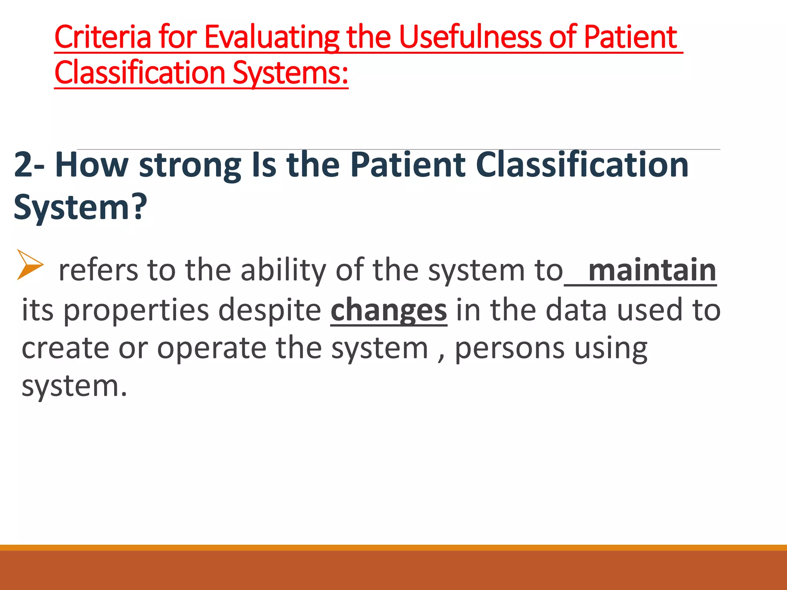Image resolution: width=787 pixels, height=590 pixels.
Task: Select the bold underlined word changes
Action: (x=389, y=310)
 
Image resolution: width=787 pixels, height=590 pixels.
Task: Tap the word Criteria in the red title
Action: (x=103, y=37)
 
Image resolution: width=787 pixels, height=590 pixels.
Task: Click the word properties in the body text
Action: (x=136, y=310)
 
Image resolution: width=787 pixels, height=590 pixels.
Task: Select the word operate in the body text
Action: (x=212, y=348)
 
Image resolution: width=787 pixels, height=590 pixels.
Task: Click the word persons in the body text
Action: (x=510, y=348)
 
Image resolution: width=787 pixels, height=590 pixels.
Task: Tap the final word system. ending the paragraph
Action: (x=74, y=386)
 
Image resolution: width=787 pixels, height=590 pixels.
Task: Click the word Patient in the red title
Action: (x=630, y=37)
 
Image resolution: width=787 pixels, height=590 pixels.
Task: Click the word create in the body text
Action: (x=65, y=348)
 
